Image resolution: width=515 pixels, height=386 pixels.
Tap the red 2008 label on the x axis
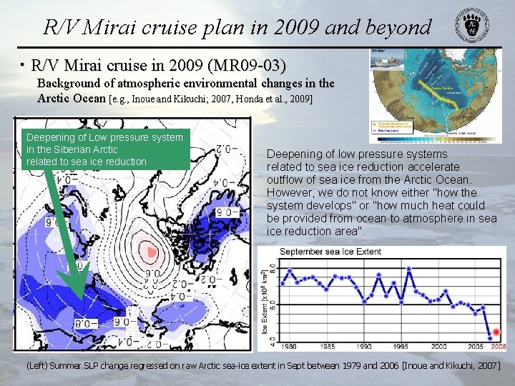pos(498,346)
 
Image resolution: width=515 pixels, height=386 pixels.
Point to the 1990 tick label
pos(363,346)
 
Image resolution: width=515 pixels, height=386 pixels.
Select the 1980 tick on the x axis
pos(289,346)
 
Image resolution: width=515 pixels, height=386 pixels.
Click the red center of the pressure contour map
pos(151,250)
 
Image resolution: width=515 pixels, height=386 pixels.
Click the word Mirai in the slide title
pos(109,27)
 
